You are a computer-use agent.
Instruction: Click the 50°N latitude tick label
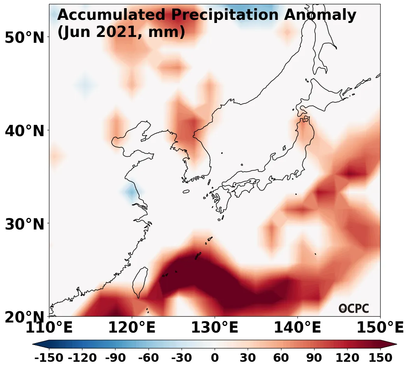(24, 38)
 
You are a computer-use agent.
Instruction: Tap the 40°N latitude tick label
(24, 131)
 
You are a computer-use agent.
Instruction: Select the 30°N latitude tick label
(24, 224)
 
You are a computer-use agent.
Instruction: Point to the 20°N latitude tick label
(24, 317)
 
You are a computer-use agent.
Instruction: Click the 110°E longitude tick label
(49, 328)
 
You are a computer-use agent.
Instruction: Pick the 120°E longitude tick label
(132, 328)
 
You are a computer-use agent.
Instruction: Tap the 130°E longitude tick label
(215, 328)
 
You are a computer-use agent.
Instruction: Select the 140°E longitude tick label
(297, 328)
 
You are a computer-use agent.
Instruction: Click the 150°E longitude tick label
(380, 328)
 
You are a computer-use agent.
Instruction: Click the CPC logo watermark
(353, 308)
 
